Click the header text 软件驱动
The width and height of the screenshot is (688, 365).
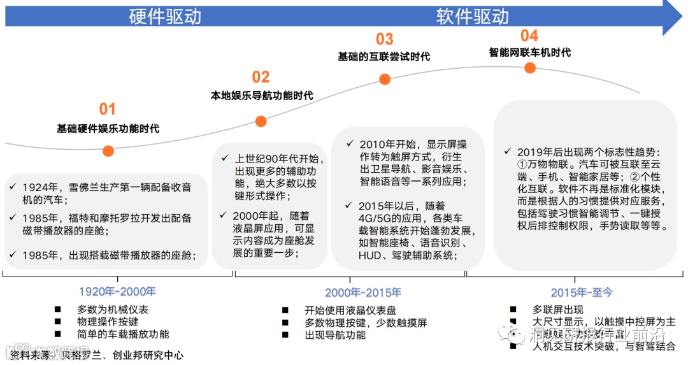pyautogui.click(x=473, y=17)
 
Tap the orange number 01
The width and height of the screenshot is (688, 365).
pyautogui.click(x=107, y=109)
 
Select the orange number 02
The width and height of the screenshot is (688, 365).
pyautogui.click(x=261, y=77)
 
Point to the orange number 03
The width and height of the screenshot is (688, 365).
pyautogui.click(x=384, y=39)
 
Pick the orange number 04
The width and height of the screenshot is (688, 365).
pyautogui.click(x=529, y=35)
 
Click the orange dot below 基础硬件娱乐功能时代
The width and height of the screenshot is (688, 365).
pyautogui.click(x=108, y=151)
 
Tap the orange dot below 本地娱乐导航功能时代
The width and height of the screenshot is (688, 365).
pyautogui.click(x=261, y=121)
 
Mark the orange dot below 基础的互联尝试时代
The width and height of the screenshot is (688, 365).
pyautogui.click(x=385, y=79)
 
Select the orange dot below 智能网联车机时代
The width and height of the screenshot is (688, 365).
pyautogui.click(x=529, y=68)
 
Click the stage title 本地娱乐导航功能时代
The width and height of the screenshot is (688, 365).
pyautogui.click(x=262, y=96)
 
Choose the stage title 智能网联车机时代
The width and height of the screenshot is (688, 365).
pyautogui.click(x=529, y=52)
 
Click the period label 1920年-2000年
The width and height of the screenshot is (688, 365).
pyautogui.click(x=117, y=292)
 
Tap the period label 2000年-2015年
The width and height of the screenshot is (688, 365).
pyautogui.click(x=363, y=293)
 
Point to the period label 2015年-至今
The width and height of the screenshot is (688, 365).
pyautogui.click(x=581, y=292)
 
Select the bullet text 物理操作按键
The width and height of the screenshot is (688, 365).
pyautogui.click(x=108, y=322)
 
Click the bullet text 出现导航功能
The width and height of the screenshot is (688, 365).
pyautogui.click(x=335, y=334)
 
